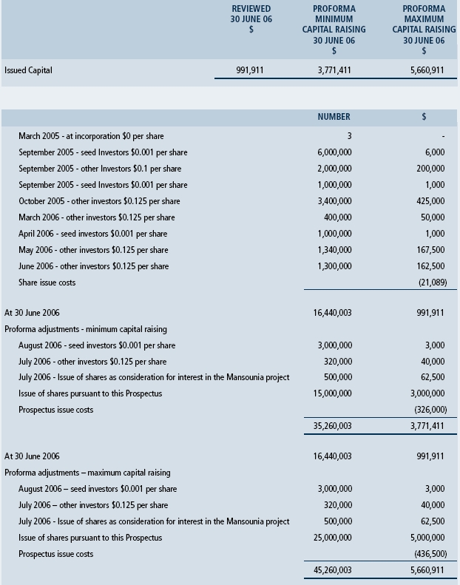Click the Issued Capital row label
[x=28, y=71]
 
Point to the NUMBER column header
[x=334, y=117]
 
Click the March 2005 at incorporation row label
[x=91, y=136]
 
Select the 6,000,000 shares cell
[x=334, y=152]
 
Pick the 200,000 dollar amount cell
[x=431, y=169]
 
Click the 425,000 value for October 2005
[x=431, y=201]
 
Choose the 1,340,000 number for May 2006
[x=334, y=250]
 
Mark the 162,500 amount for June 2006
[x=431, y=266]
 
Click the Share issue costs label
[x=47, y=283]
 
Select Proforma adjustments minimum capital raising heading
[x=86, y=329]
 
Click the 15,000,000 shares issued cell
[x=333, y=393]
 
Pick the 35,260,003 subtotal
[x=333, y=426]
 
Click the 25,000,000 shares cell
[x=333, y=538]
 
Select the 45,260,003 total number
[x=333, y=570]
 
